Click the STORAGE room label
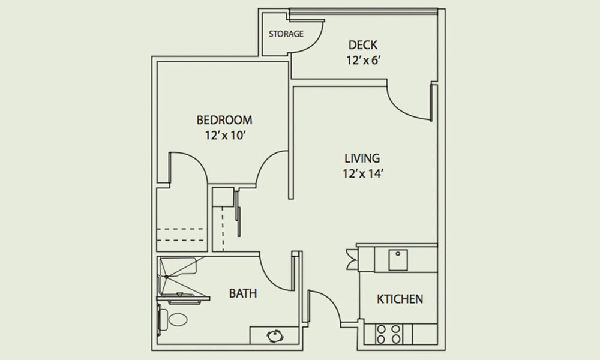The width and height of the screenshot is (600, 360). coord(286,34)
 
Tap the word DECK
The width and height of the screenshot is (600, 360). coord(363,45)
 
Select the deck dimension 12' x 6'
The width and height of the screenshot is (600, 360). coord(363,61)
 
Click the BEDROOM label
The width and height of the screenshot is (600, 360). coord(224,120)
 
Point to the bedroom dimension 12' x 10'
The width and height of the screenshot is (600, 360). coord(224,136)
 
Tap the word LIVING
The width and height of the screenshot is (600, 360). coord(362,158)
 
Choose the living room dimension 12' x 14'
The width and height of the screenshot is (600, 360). coord(363,173)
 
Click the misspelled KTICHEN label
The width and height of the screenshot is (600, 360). coord(400,299)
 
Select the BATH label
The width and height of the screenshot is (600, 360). coord(242,293)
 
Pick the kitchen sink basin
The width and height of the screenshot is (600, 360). coord(398,260)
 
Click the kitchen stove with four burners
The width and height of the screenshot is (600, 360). coord(388,334)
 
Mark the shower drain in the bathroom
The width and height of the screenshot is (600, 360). coord(167,277)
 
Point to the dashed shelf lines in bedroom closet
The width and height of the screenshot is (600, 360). coord(180,235)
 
